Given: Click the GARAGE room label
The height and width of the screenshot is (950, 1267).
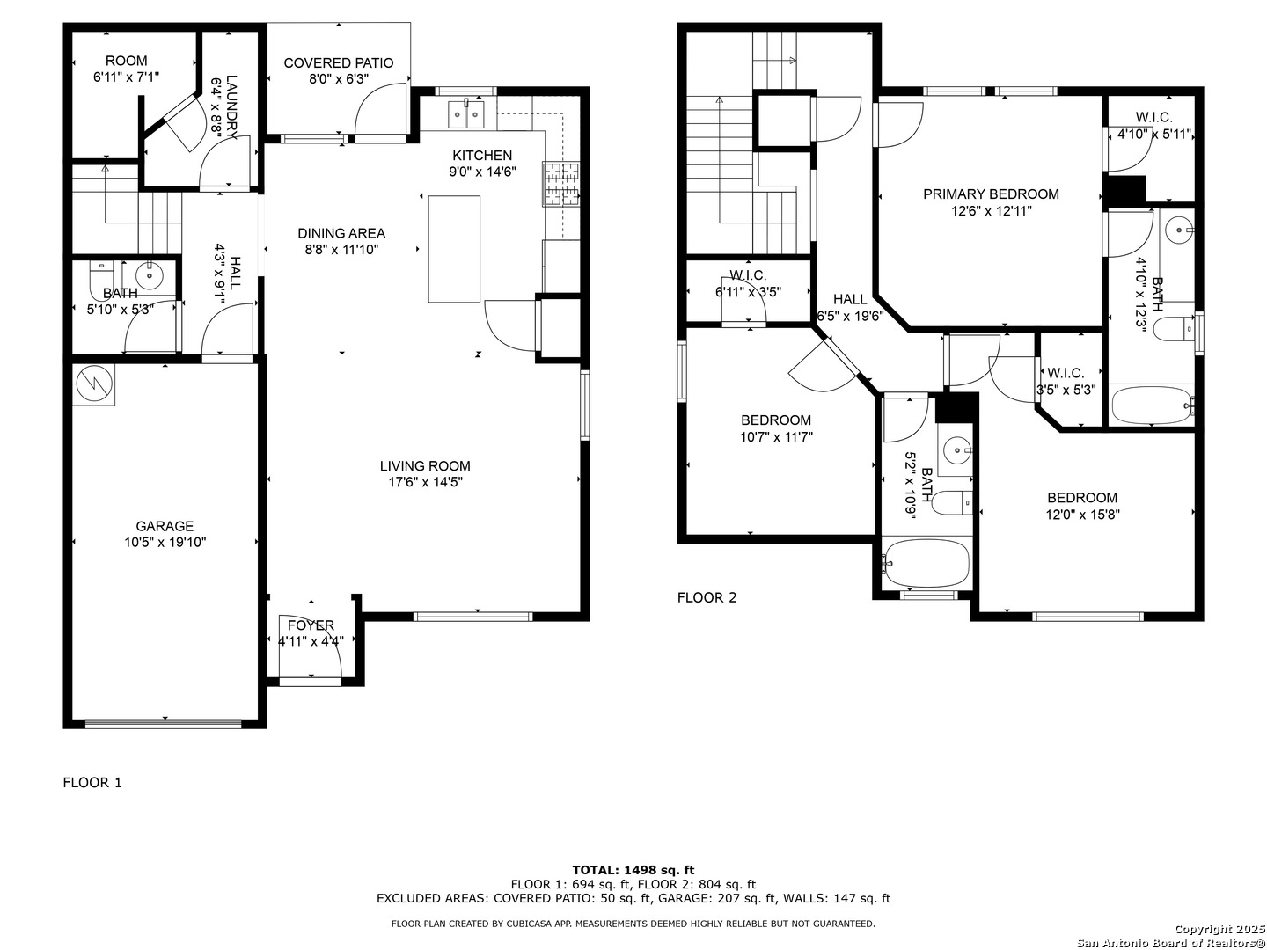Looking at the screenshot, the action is click(165, 525).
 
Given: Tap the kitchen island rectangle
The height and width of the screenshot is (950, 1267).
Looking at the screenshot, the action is click(454, 249).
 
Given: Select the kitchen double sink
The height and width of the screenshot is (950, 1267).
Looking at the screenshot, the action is click(466, 113).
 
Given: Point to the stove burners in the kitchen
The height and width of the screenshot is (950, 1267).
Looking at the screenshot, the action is click(560, 185).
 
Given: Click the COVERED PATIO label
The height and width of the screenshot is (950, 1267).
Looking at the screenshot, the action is click(338, 62).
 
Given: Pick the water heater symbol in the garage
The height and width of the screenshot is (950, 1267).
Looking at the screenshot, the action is click(93, 384).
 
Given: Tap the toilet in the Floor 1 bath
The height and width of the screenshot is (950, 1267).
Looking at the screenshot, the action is click(102, 281).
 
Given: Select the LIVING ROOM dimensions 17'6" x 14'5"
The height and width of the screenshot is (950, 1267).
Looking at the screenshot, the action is click(425, 482).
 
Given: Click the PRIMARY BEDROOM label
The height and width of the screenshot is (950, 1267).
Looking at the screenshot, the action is click(991, 194).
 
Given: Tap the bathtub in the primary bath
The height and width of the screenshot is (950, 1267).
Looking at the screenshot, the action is click(1152, 406).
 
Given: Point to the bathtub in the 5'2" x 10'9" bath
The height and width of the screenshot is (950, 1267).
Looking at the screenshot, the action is click(926, 563).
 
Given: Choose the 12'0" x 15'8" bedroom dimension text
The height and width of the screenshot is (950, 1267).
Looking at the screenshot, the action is click(1082, 514).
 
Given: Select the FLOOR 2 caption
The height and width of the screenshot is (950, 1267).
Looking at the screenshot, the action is click(707, 597).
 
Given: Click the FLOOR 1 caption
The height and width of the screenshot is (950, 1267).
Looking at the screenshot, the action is click(92, 782).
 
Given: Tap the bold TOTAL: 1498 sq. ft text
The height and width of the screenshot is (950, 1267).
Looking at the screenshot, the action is click(633, 870).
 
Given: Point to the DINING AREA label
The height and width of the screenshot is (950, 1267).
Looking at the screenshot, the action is click(341, 233).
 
